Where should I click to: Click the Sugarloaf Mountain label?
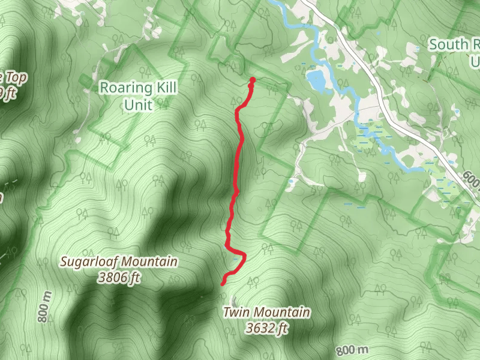click(119, 262)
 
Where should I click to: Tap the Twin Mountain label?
click(266, 313)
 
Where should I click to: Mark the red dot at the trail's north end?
click(253, 80)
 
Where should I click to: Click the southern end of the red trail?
click(223, 282)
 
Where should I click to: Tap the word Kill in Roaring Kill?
click(163, 88)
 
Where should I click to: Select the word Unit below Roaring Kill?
click(138, 105)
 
